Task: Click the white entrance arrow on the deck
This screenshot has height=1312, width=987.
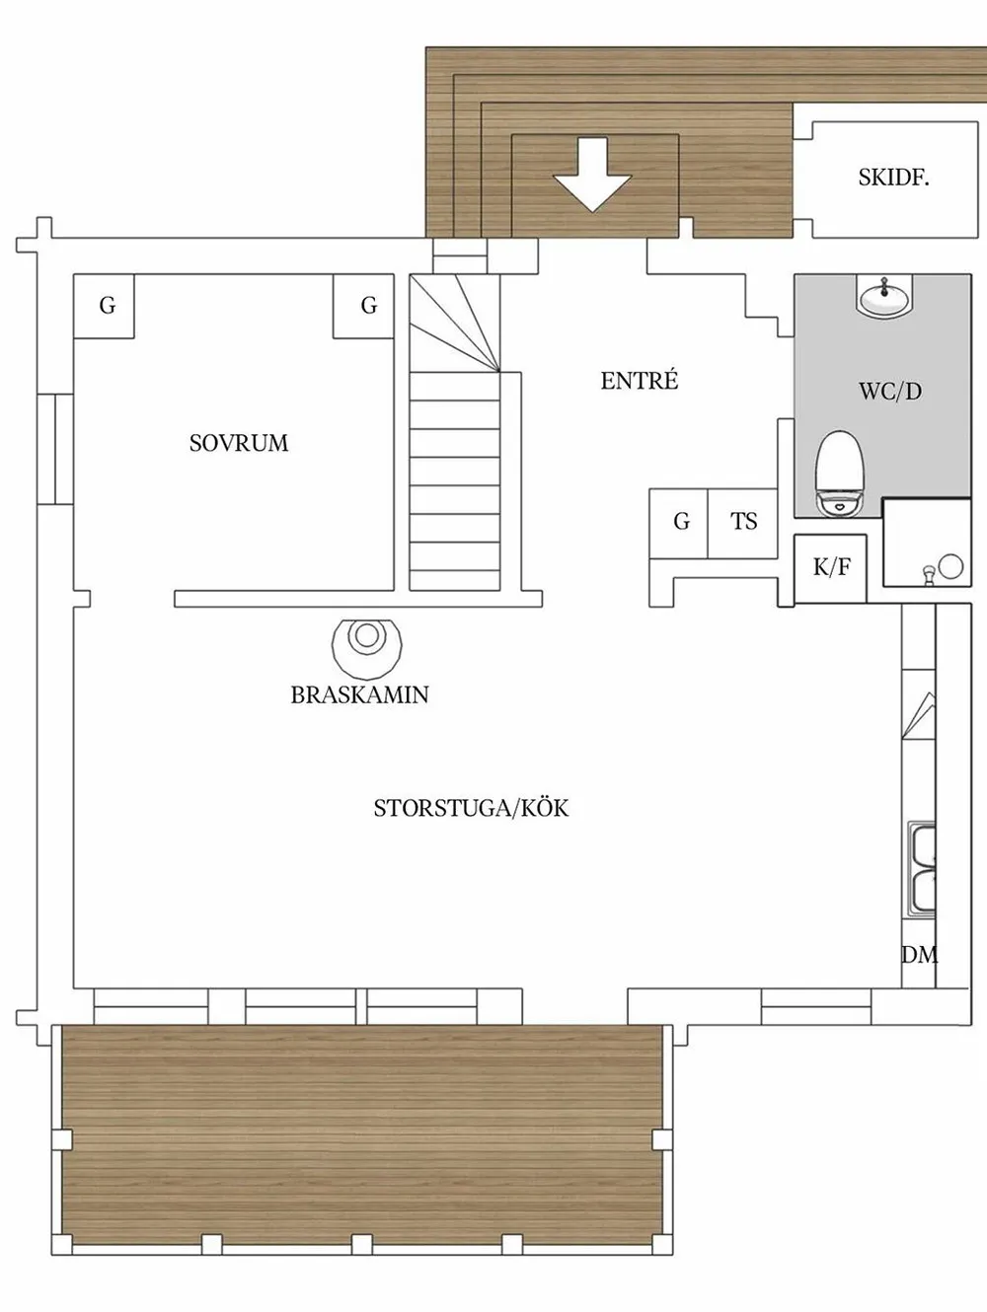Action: coord(592,175)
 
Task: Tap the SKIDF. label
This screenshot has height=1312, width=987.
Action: coord(894,178)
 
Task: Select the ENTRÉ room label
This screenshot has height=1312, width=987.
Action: coord(639,381)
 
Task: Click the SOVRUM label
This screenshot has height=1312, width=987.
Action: coord(239,443)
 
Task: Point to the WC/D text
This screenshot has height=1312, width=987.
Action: coord(890,392)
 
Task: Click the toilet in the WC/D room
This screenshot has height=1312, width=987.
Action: coord(840,473)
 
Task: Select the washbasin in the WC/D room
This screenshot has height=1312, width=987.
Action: coord(883,295)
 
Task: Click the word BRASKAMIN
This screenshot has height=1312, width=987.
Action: coord(360,694)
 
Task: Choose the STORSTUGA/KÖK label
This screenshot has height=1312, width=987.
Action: coord(471,808)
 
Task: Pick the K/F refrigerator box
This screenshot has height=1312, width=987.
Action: coord(830,568)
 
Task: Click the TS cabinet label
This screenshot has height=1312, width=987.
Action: coord(743,521)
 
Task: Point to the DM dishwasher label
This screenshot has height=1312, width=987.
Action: coord(919,955)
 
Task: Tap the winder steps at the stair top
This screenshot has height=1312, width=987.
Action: coord(455,324)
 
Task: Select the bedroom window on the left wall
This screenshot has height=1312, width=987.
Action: coord(55,449)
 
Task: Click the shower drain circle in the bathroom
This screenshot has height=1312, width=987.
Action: coord(949,566)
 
